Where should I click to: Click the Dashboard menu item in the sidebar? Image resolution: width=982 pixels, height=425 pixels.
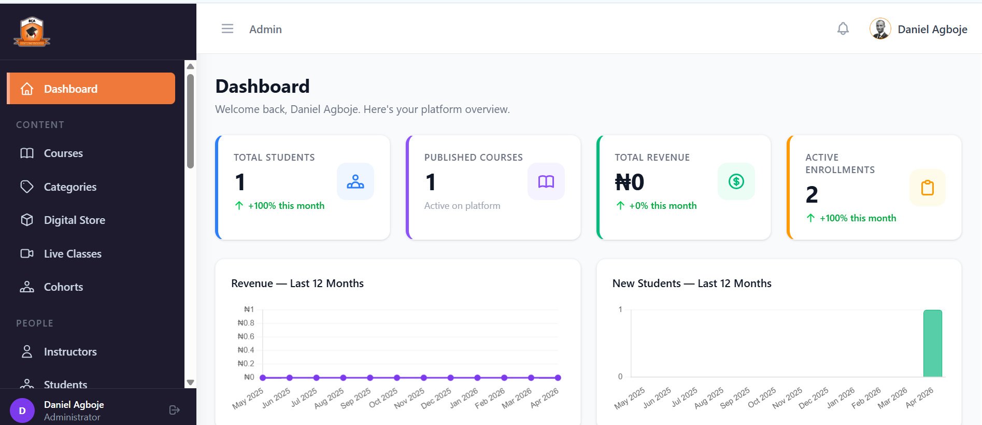click(91, 89)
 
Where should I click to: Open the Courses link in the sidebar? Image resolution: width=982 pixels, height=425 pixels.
click(63, 153)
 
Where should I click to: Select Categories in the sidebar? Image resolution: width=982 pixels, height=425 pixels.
click(70, 187)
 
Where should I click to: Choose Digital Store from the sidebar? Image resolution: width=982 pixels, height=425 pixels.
click(74, 220)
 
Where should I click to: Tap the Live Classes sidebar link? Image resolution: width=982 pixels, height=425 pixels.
click(73, 254)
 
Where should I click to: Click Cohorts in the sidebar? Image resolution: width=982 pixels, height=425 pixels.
click(63, 287)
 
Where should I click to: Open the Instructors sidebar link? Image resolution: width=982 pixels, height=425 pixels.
click(70, 352)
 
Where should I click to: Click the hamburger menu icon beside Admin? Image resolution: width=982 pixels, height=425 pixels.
click(227, 29)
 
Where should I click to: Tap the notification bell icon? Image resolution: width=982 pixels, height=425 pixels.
click(843, 29)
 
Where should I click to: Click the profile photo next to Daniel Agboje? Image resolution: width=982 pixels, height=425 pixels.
click(880, 29)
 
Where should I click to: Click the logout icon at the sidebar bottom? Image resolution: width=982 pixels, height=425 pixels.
click(175, 410)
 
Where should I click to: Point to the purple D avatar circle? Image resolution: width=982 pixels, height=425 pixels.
click(22, 410)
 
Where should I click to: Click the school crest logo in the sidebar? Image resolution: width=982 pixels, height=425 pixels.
click(32, 32)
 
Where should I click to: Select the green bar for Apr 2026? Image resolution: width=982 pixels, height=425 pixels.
click(932, 344)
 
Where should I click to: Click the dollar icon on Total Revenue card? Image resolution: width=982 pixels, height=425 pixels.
click(736, 181)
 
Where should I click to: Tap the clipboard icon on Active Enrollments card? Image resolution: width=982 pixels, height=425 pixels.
click(927, 188)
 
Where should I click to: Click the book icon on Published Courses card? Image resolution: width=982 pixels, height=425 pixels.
click(546, 181)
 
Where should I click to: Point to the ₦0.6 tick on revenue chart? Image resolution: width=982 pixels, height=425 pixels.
click(246, 336)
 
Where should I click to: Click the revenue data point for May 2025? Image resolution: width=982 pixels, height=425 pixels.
click(263, 378)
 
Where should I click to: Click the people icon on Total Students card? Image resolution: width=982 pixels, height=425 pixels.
click(355, 181)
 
